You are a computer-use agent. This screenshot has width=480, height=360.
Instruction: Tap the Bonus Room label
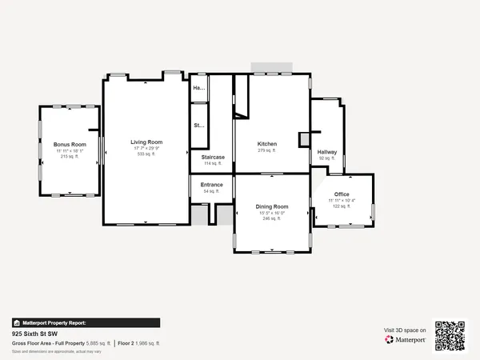[x=70, y=144]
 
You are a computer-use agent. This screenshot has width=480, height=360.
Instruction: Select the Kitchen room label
[x=266, y=144]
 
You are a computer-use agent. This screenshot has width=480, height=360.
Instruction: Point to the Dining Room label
[x=272, y=206]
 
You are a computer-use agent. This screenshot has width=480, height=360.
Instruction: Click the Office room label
[x=342, y=194]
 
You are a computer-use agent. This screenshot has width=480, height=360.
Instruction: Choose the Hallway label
[x=327, y=152]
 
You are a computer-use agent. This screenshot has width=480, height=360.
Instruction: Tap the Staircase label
[x=213, y=157]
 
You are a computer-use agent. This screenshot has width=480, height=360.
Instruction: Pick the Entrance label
[x=212, y=185]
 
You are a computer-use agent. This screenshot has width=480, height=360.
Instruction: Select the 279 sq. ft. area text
[x=266, y=150]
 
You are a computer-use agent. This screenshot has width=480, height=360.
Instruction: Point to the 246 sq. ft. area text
[x=272, y=219]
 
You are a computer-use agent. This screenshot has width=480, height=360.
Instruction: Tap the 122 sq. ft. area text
[x=342, y=206]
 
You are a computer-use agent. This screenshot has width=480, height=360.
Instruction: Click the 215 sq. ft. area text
[x=70, y=157]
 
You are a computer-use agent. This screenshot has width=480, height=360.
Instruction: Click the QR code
[x=450, y=335]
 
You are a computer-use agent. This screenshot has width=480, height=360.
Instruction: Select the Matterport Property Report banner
[x=53, y=323]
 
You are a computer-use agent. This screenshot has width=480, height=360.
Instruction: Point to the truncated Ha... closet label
[x=199, y=87]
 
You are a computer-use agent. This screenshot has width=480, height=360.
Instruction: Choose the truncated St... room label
[x=198, y=126]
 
